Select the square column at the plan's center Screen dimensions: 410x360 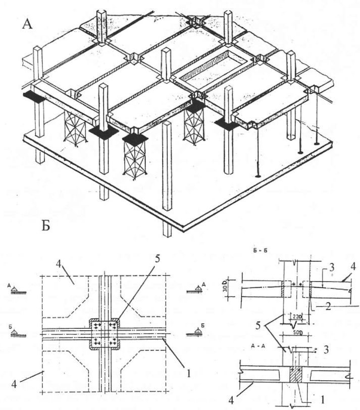coord(105,333)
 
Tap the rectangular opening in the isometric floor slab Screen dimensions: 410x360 coord(211,65)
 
